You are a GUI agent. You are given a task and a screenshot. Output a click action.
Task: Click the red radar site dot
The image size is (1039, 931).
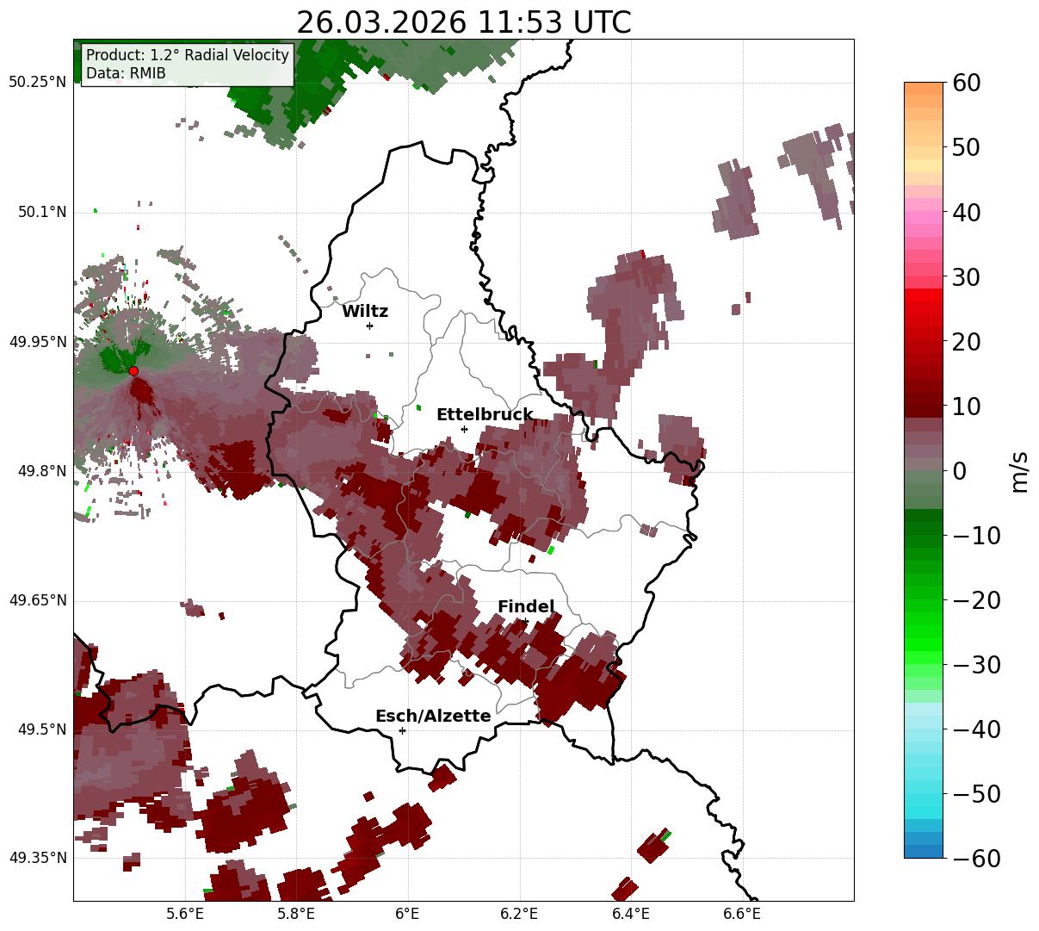click(x=133, y=371)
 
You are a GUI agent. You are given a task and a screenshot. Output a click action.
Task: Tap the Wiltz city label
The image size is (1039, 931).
click(x=365, y=312)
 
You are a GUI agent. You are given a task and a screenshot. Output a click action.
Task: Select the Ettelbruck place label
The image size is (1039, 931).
click(x=485, y=415)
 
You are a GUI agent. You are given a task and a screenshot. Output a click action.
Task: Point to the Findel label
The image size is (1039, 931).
click(x=526, y=607)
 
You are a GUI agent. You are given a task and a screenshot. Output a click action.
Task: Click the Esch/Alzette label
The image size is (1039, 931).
click(x=433, y=717)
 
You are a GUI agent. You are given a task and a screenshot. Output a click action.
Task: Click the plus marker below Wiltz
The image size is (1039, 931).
click(x=370, y=326)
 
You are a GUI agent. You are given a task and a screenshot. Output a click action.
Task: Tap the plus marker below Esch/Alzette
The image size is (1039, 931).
click(x=402, y=730)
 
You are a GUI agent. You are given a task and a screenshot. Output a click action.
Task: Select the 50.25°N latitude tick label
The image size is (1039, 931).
click(x=38, y=83)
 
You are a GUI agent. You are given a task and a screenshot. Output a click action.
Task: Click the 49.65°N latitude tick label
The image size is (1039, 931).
click(x=38, y=600)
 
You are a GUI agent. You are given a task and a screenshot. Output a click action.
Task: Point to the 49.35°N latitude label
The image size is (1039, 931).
click(x=38, y=858)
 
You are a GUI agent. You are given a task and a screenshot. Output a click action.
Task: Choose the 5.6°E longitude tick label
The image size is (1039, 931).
click(x=185, y=914)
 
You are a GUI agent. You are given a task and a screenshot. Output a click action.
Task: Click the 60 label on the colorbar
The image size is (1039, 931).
click(x=968, y=84)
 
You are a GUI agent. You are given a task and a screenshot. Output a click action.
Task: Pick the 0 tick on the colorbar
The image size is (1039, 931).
click(x=959, y=471)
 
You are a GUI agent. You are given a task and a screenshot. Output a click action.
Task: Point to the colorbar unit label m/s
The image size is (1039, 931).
click(x=1020, y=471)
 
